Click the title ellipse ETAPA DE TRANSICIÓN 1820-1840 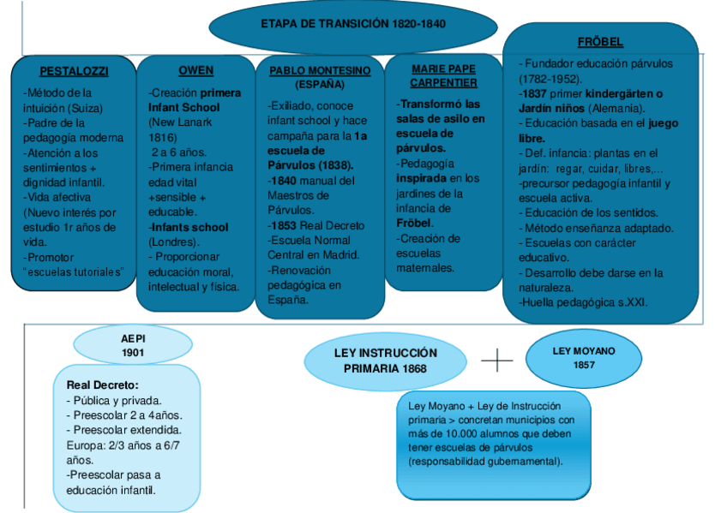click(x=352, y=24)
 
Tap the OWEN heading click(x=195, y=70)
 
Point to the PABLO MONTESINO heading click(x=320, y=71)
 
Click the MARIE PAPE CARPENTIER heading click(x=443, y=75)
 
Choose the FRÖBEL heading click(x=601, y=42)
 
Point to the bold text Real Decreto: click(x=102, y=385)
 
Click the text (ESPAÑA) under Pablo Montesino click(x=320, y=85)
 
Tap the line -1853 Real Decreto click(x=315, y=225)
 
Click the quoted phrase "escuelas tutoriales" click(x=74, y=272)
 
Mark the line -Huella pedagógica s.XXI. click(x=583, y=301)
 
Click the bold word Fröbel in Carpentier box click(x=413, y=223)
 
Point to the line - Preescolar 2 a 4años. click(x=119, y=415)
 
